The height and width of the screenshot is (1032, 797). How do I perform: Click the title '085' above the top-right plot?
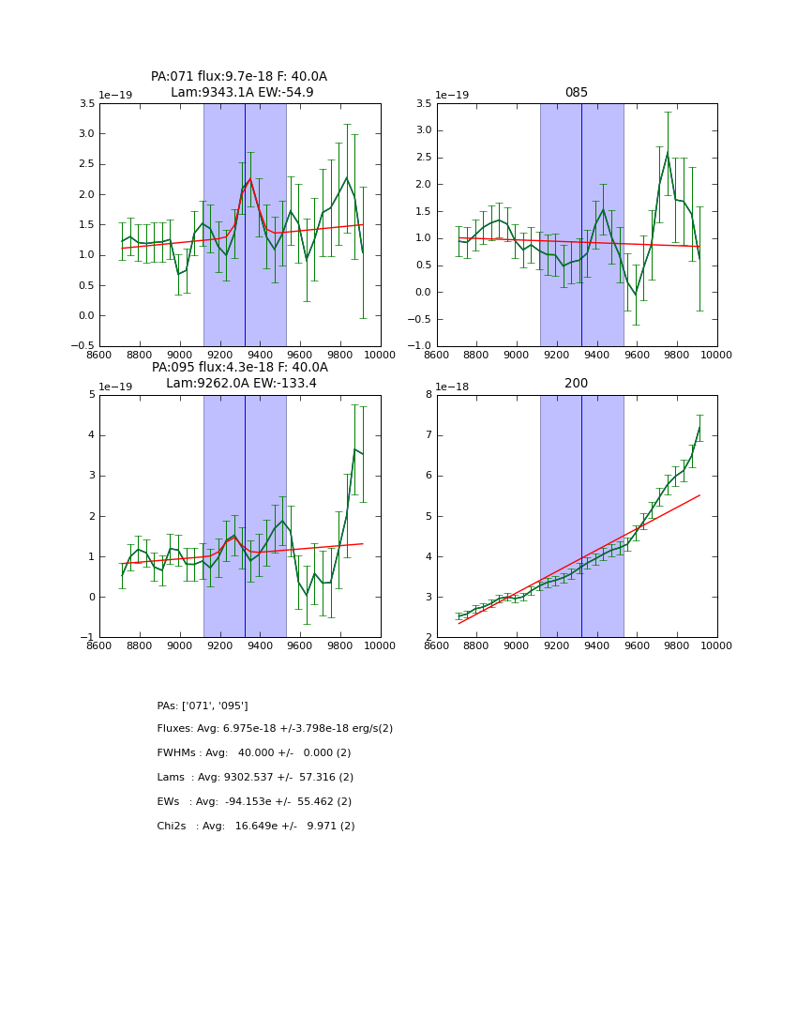577,93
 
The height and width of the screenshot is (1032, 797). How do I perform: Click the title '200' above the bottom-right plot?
577,384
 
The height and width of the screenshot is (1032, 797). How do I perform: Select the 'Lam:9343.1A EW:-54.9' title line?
242,93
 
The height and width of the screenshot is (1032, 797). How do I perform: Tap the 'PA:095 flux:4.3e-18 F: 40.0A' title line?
240,368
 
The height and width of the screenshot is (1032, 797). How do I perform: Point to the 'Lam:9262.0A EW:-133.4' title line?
241,384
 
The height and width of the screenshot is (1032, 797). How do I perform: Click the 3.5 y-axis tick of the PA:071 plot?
86,104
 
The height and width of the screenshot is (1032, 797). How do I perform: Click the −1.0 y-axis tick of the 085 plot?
420,346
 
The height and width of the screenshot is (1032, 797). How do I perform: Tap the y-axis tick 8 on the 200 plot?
429,395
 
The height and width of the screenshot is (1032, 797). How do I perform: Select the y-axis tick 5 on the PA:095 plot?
91,395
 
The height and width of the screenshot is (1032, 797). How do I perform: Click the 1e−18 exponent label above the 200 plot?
454,387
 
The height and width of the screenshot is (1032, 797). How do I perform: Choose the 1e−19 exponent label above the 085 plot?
454,96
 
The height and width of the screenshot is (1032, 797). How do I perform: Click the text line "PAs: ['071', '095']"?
203,706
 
